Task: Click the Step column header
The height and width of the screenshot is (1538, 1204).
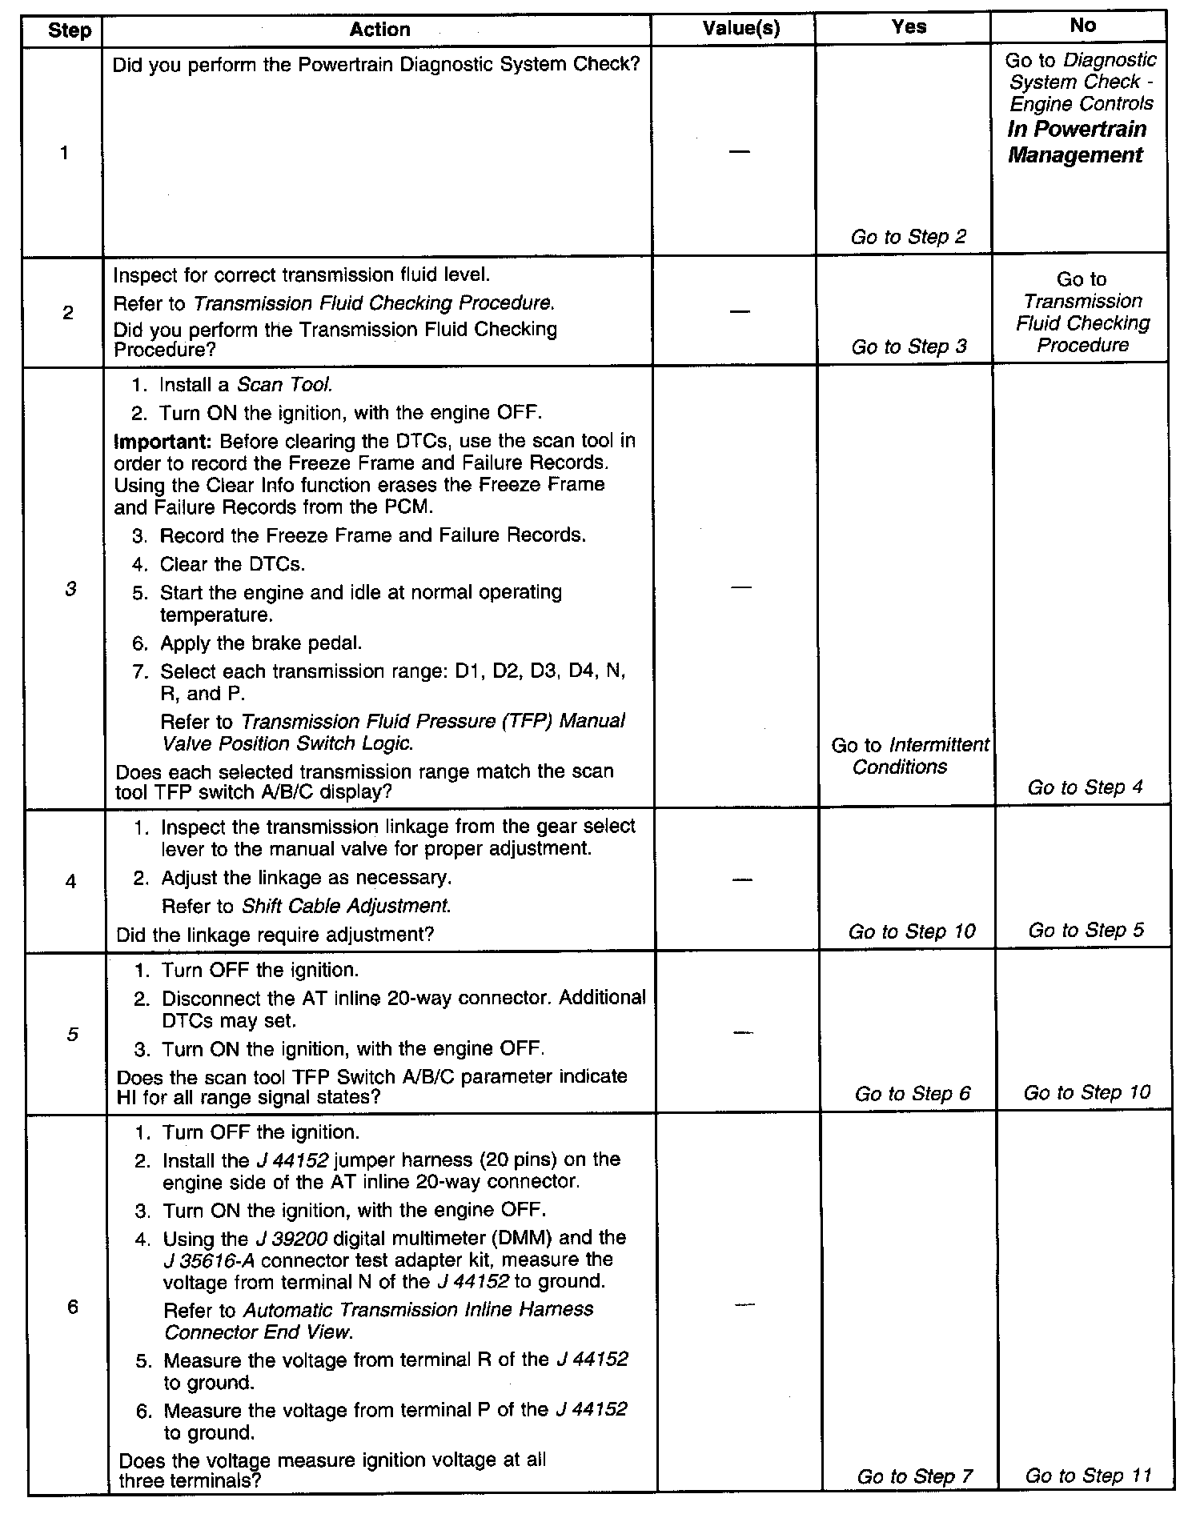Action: point(70,31)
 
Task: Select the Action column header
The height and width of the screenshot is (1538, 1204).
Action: point(379,30)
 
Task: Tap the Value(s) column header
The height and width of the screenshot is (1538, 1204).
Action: point(740,29)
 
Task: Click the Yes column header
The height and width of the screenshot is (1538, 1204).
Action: point(909,27)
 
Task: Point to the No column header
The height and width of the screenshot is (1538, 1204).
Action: point(1082,26)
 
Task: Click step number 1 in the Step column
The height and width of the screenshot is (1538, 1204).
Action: point(65,153)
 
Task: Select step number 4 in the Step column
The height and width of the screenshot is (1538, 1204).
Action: point(70,882)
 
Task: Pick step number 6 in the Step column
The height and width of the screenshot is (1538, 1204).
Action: point(73,1308)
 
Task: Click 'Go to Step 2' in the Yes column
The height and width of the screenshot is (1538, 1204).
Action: point(909,237)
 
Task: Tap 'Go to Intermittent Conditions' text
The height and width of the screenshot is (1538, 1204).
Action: point(909,755)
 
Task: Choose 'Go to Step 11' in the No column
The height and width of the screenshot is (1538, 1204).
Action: point(1088,1475)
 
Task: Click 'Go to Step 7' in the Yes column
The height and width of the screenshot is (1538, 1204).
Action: point(914,1476)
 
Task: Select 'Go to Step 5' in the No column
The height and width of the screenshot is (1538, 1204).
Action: point(1086,930)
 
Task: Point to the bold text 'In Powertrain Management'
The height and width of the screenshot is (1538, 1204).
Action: point(1077,142)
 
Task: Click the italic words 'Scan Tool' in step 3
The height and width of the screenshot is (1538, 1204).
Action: point(284,385)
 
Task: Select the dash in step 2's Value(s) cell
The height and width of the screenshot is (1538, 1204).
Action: point(740,310)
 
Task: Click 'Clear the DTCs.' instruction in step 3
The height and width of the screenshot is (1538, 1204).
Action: point(232,564)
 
